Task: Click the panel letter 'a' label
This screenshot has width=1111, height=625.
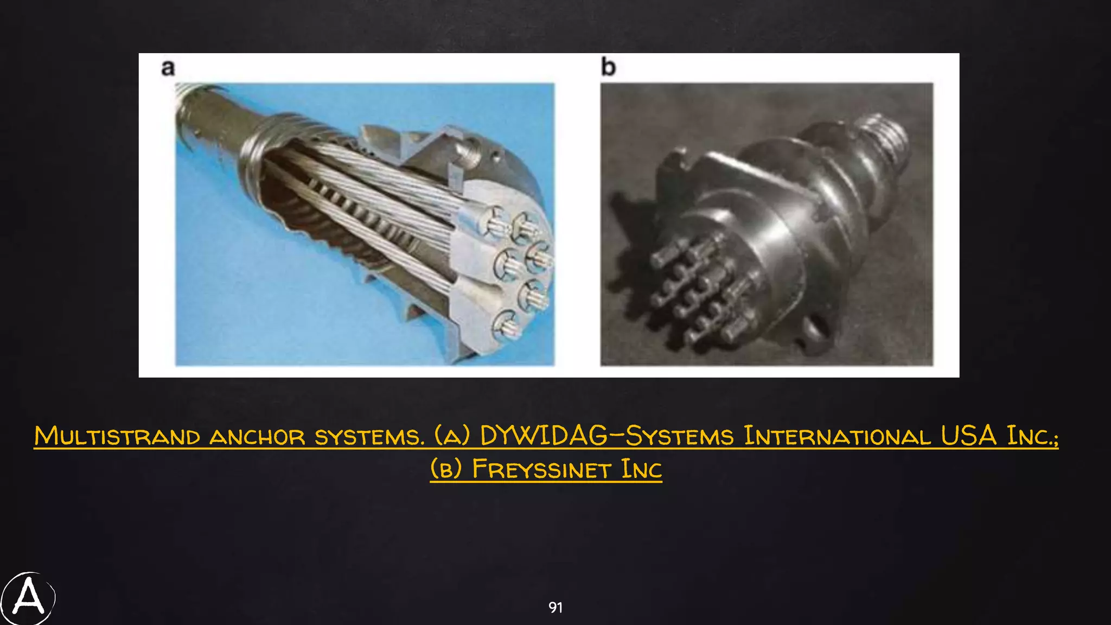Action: pyautogui.click(x=168, y=68)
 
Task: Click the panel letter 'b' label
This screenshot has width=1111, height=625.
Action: pyautogui.click(x=608, y=67)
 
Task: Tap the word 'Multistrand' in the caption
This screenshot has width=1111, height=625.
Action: pyautogui.click(x=117, y=437)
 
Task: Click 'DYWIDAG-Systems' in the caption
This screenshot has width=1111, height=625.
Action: pyautogui.click(x=606, y=436)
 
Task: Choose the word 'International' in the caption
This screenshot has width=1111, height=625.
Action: pyautogui.click(x=837, y=436)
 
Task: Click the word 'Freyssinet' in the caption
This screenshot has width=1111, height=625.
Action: pyautogui.click(x=542, y=469)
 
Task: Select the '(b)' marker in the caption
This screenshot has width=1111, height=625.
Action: pyautogui.click(x=446, y=469)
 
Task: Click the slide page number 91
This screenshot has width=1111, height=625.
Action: pyautogui.click(x=555, y=608)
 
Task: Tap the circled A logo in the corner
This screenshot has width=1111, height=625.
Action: pyautogui.click(x=28, y=598)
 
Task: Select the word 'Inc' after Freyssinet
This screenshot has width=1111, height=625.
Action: pyautogui.click(x=641, y=469)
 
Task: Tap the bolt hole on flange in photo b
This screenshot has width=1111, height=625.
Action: pyautogui.click(x=812, y=328)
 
